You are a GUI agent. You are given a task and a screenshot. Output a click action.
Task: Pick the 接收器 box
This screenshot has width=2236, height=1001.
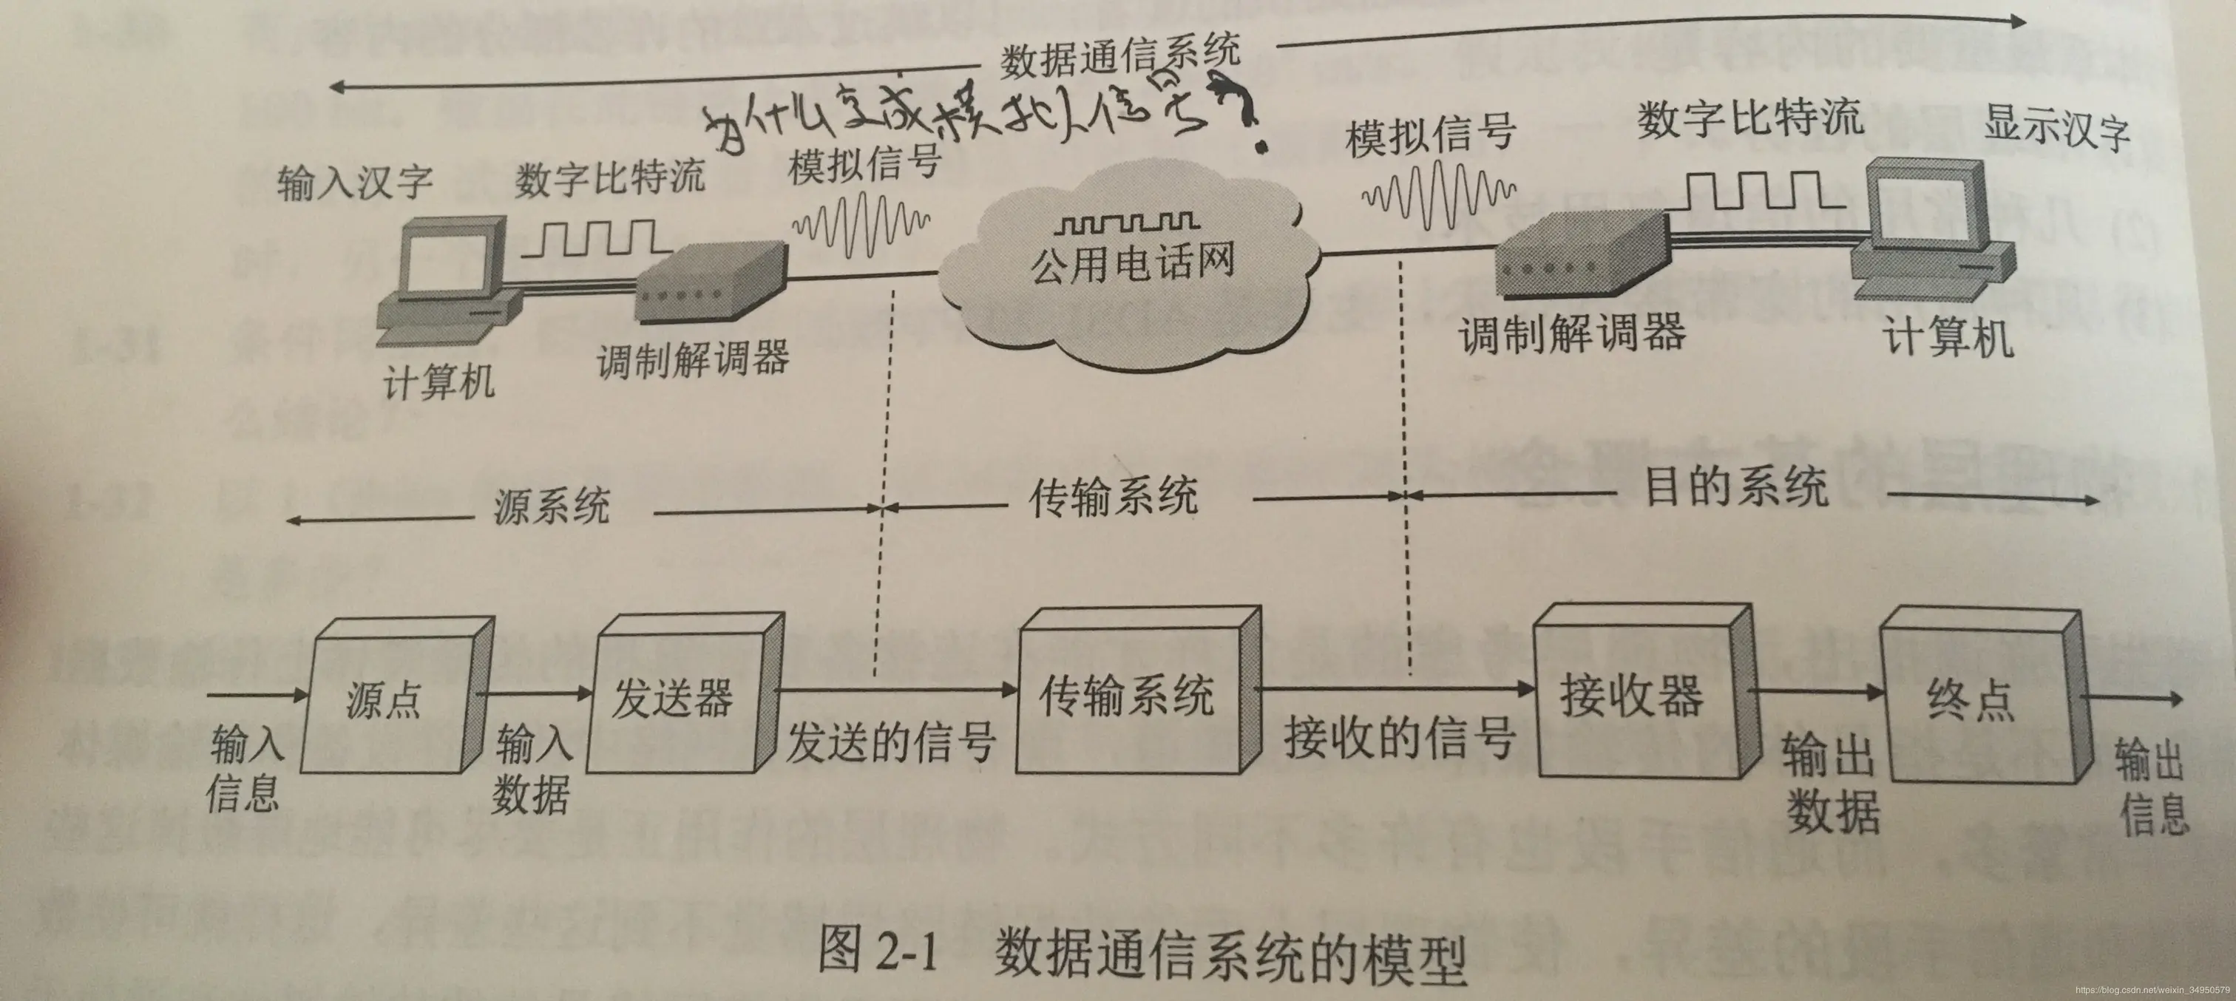point(1632,694)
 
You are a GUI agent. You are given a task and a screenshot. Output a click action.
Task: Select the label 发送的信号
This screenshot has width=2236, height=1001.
point(890,742)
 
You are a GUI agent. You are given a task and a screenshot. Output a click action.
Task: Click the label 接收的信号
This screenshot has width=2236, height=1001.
point(1399,738)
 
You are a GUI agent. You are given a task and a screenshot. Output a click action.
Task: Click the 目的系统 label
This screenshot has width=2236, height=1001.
point(1736,486)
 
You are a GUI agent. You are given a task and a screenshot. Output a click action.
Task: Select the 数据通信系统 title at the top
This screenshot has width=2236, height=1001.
point(1119,58)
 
